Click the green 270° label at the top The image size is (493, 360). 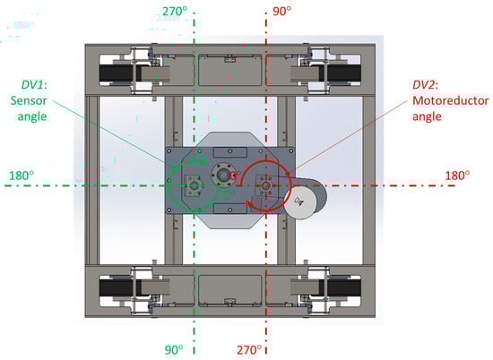[x=175, y=12]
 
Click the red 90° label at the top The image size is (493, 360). [x=281, y=12]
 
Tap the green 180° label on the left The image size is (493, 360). [x=22, y=176]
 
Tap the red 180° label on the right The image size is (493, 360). [x=457, y=176]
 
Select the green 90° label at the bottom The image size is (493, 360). [x=174, y=349]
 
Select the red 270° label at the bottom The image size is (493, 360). [x=249, y=349]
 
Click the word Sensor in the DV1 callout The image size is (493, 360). [x=29, y=100]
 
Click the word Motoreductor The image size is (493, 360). [x=450, y=100]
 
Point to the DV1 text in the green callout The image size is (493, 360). [x=32, y=85]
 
